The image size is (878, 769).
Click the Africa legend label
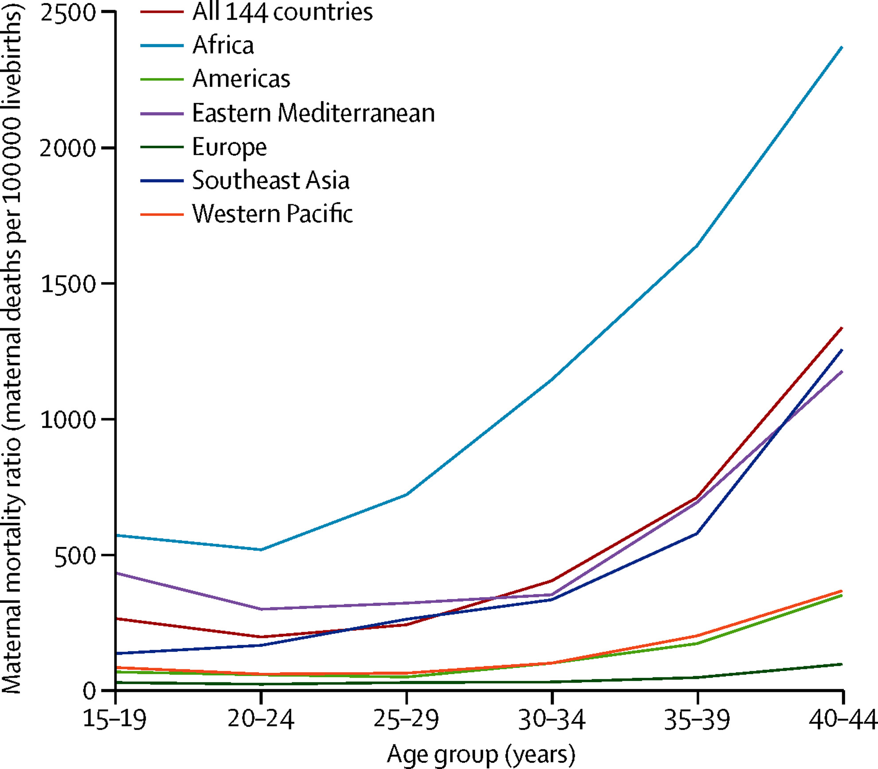click(x=223, y=45)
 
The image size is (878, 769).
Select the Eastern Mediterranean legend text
click(x=313, y=113)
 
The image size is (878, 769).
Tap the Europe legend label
click(x=229, y=147)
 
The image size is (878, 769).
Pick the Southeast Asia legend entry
click(x=270, y=180)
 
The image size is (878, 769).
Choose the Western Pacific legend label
click(x=272, y=214)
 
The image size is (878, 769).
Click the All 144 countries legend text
click(x=282, y=12)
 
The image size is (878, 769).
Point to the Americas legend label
click(x=241, y=79)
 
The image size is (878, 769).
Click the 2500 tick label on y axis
click(x=68, y=13)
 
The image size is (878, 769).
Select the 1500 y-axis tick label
click(x=68, y=284)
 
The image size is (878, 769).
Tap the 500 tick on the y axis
click(x=75, y=555)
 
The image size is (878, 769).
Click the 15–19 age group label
click(x=114, y=719)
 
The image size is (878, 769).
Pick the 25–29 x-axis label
click(x=406, y=719)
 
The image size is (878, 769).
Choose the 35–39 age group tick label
click(x=697, y=719)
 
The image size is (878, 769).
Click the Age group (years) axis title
click(x=481, y=755)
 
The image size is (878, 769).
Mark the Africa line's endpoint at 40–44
click(x=842, y=47)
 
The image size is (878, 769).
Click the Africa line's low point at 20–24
click(x=261, y=550)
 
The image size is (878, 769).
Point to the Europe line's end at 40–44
click(x=842, y=664)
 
